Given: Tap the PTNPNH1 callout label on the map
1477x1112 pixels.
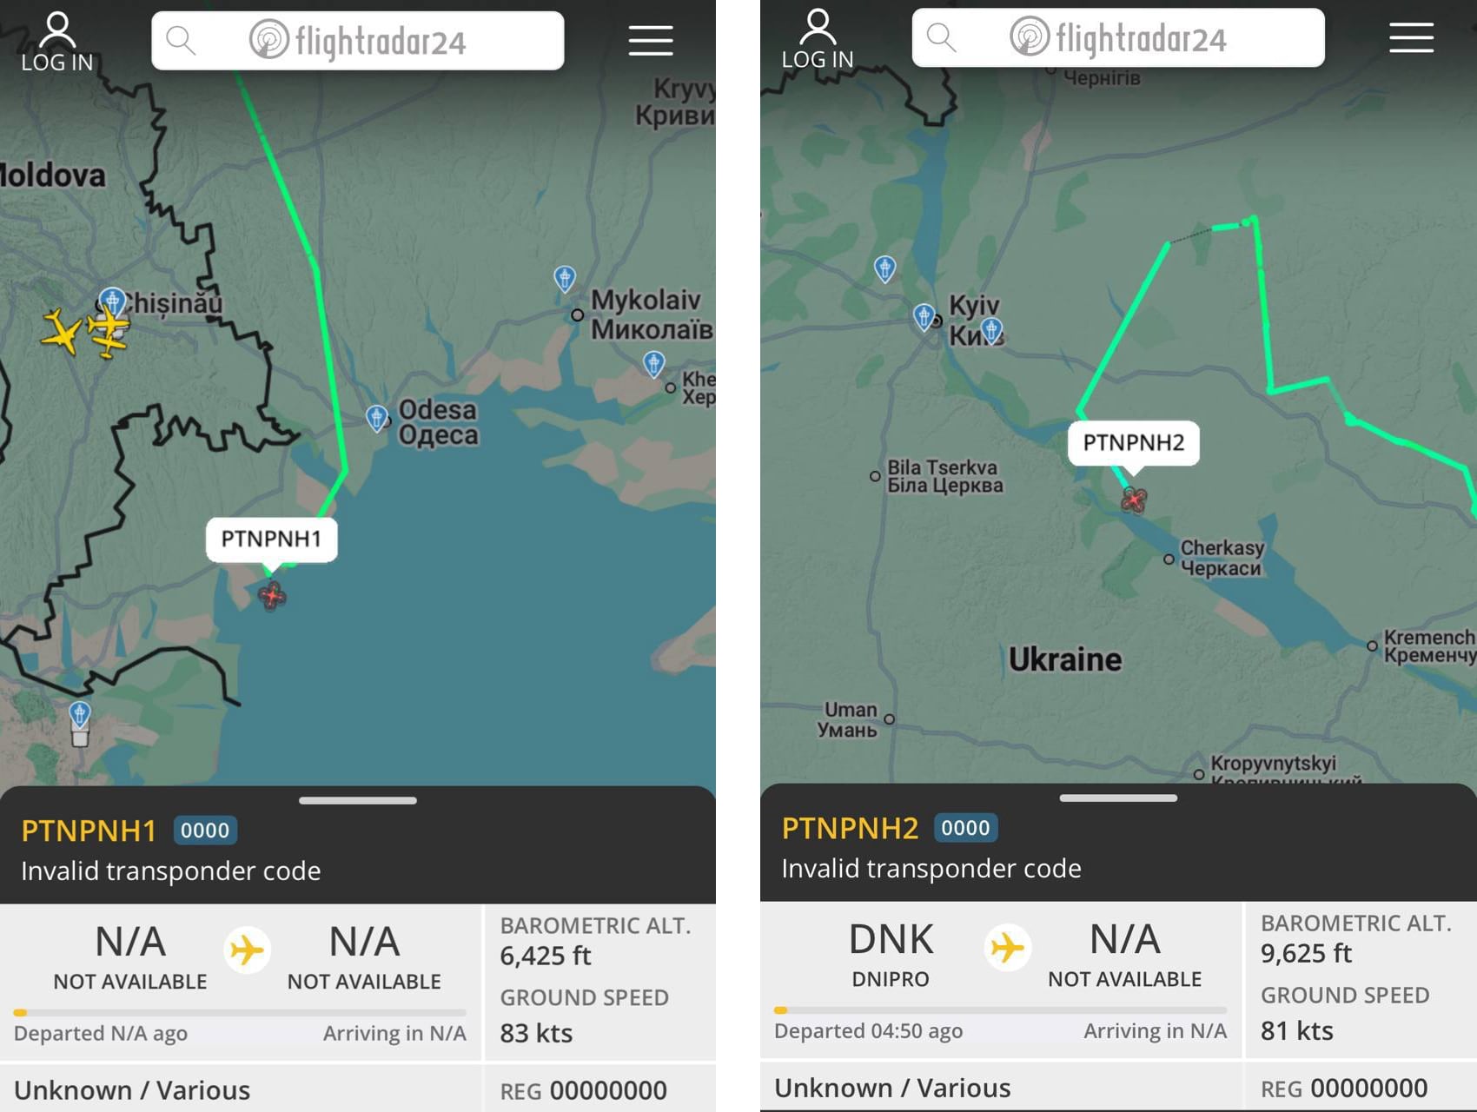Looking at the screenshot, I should click(271, 539).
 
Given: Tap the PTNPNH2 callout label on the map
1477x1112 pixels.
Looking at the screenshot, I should click(1133, 443).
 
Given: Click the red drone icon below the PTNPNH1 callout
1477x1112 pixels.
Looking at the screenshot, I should click(272, 596).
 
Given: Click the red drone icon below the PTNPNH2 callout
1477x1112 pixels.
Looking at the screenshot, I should click(1134, 500).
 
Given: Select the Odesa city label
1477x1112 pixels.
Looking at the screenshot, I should click(438, 422).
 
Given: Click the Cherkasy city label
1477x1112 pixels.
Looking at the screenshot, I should click(1222, 558).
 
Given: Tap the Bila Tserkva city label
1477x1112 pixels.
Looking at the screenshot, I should click(944, 476).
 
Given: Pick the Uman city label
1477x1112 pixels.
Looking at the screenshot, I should click(849, 720).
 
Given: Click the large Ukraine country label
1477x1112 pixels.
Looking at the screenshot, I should click(1065, 659).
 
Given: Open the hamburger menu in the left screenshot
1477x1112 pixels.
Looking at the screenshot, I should click(651, 41).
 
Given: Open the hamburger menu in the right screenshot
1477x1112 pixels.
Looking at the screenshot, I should click(1411, 38).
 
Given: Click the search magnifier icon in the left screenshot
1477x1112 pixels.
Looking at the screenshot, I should click(181, 40).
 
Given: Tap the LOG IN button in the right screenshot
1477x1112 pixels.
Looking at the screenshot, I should click(818, 40).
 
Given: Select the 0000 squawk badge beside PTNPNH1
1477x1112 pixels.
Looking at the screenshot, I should click(205, 831).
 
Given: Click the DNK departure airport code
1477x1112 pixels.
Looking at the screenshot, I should click(891, 940).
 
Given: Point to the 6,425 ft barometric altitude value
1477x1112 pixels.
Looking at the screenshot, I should click(546, 956).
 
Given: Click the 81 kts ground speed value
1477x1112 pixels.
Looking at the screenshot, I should click(1297, 1031).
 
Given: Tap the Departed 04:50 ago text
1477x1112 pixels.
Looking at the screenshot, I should click(868, 1031).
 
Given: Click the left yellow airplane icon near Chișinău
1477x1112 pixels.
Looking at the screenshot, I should click(61, 332).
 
